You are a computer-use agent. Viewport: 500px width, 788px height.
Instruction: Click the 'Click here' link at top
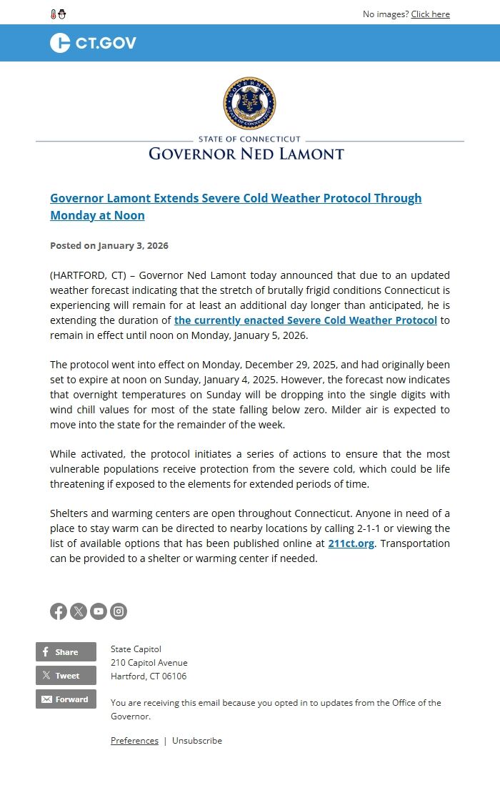click(430, 14)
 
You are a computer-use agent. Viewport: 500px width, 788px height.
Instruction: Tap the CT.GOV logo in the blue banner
click(93, 43)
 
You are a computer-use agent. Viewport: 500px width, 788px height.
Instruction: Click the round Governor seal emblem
click(249, 103)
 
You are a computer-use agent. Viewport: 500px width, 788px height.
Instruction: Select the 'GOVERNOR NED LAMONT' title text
click(246, 154)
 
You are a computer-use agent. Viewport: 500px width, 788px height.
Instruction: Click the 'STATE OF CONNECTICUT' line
click(249, 139)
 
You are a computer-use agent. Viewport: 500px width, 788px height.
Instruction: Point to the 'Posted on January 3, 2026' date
click(109, 245)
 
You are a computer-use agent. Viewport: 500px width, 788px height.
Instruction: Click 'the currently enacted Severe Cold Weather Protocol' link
click(305, 320)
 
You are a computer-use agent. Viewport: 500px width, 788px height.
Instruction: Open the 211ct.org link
click(351, 543)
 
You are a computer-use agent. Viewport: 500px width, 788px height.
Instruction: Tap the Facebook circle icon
click(59, 611)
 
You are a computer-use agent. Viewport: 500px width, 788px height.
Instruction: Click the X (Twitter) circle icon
click(79, 611)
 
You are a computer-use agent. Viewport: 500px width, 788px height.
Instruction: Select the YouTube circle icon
click(99, 611)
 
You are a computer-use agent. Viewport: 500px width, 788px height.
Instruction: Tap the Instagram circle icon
click(119, 611)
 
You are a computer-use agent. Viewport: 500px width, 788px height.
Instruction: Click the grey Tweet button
click(66, 676)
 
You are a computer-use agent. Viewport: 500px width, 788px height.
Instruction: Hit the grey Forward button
click(66, 699)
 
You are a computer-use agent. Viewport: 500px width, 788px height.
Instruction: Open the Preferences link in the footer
click(134, 741)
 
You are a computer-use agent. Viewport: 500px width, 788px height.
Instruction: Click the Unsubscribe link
click(197, 741)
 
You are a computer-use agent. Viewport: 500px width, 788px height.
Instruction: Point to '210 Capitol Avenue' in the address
click(149, 663)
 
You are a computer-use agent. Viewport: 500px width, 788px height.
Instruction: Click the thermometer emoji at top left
click(54, 14)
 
